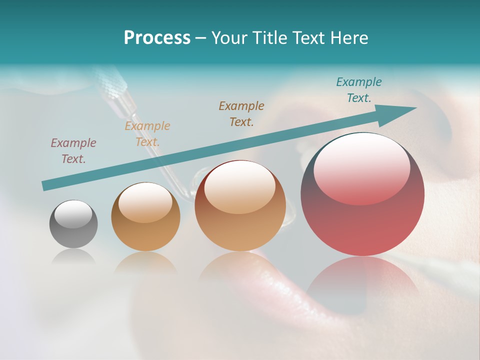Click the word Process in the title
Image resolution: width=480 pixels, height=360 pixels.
157,38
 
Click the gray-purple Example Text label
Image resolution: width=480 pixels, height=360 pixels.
73,151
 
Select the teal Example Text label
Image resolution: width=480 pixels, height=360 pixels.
358,90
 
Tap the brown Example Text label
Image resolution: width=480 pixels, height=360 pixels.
241,113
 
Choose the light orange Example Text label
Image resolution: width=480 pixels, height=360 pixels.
147,133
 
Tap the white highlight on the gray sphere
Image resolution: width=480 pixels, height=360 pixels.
73,214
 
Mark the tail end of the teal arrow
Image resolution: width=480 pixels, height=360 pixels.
46,185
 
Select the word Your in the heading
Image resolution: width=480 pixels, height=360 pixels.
229,38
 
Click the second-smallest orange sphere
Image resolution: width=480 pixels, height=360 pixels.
145,216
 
